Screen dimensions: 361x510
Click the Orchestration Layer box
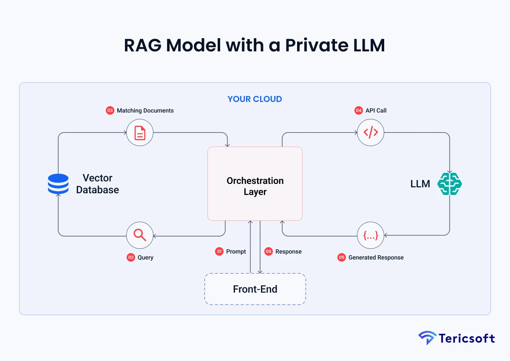255,183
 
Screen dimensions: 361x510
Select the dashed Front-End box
255,289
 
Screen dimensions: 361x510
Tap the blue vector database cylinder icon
58,184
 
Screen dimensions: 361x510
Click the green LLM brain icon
450,184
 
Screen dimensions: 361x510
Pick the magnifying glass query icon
139,235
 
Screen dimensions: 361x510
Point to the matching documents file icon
139,133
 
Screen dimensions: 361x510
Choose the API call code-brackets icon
370,133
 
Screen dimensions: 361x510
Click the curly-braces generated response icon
370,235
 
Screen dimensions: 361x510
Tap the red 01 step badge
219,251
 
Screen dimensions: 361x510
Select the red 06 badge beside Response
268,251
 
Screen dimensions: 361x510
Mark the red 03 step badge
110,110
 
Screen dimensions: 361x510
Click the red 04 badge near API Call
359,110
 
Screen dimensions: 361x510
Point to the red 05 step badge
342,257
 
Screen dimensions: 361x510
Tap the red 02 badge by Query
131,257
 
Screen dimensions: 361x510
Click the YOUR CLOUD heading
255,99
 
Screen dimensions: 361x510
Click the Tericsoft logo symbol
427,338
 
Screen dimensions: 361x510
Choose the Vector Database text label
97,184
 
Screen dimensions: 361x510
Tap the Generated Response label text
376,257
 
